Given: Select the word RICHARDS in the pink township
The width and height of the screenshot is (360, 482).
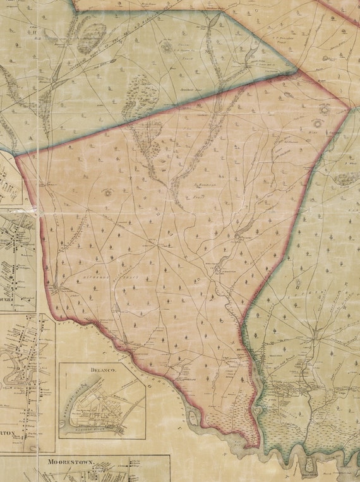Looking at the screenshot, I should click(x=95, y=277).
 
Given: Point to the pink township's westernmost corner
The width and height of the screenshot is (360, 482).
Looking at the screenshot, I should click(x=16, y=155).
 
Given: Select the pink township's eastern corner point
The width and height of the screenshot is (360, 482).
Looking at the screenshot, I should click(x=348, y=108).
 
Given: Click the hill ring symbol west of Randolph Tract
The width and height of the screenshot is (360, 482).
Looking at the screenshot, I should click(x=107, y=192).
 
